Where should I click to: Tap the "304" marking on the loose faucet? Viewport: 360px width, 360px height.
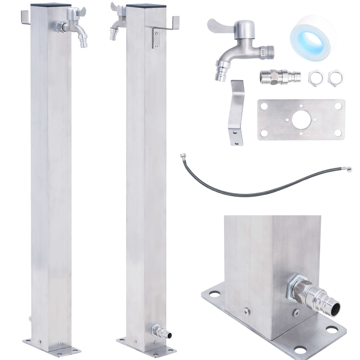(263, 51)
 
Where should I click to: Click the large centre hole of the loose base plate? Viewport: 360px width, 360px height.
(300, 120)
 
